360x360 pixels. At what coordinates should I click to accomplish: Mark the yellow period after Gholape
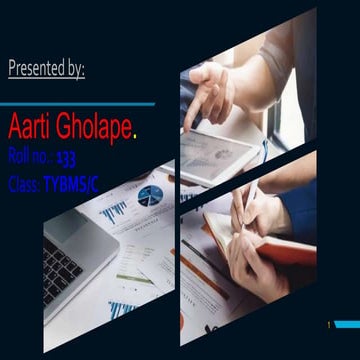pyautogui.click(x=136, y=131)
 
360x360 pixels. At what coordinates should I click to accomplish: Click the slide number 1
pyautogui.click(x=328, y=326)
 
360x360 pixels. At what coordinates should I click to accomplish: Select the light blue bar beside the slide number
pyautogui.click(x=348, y=326)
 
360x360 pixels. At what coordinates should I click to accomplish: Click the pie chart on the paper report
pyautogui.click(x=150, y=195)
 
